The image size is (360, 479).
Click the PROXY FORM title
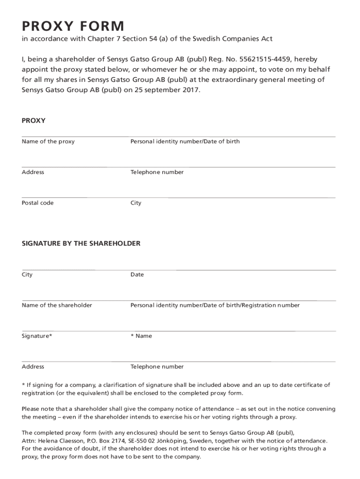pyautogui.click(x=73, y=26)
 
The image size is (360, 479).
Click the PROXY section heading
pyautogui.click(x=34, y=121)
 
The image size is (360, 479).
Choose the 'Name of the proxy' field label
pyautogui.click(x=48, y=141)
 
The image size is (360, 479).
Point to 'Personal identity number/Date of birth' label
pyautogui.click(x=185, y=141)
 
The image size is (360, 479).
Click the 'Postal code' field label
pyautogui.click(x=38, y=203)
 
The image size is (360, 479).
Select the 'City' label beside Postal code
pyautogui.click(x=136, y=203)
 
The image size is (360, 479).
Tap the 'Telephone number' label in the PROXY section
pyautogui.click(x=157, y=172)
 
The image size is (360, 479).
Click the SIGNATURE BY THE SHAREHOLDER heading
pyautogui.click(x=81, y=244)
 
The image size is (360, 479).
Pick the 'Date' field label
pyautogui.click(x=137, y=275)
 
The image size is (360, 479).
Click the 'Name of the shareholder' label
pyautogui.click(x=57, y=305)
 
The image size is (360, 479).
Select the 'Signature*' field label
pyautogui.click(x=37, y=336)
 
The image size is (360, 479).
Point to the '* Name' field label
pyautogui.click(x=141, y=336)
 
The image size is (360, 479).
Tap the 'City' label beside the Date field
pyautogui.click(x=27, y=275)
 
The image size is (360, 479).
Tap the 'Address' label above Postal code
pyautogui.click(x=33, y=172)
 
